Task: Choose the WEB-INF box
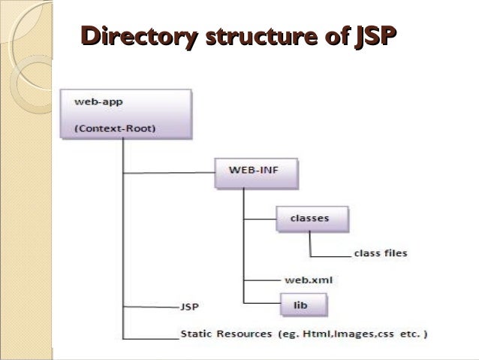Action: (256, 174)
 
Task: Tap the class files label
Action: (380, 253)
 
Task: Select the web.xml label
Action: (309, 280)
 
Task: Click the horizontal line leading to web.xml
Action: (260, 280)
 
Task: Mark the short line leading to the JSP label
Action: (150, 307)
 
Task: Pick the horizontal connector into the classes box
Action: (260, 219)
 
